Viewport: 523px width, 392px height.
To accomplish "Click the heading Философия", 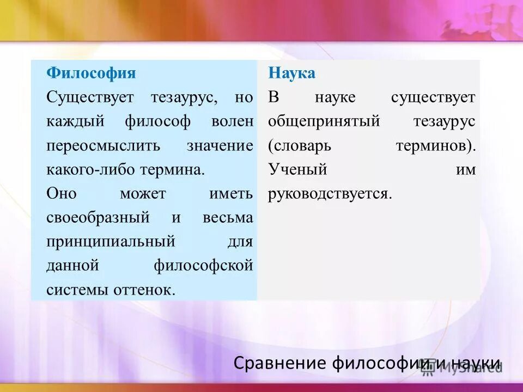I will [91, 73].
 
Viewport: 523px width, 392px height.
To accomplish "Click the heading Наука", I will [291, 73].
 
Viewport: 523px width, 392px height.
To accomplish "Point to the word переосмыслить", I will [104, 146].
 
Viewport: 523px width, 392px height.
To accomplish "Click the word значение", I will [220, 146].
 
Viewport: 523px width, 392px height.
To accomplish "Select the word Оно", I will [62, 193].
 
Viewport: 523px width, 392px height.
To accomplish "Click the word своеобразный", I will [98, 218].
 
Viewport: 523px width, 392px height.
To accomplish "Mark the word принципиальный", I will [111, 241].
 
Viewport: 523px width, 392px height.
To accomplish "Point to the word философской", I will [203, 266].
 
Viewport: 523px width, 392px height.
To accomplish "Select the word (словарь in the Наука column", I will [300, 146].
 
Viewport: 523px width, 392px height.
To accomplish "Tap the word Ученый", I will [297, 169].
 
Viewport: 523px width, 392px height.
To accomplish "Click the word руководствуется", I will [329, 194].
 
